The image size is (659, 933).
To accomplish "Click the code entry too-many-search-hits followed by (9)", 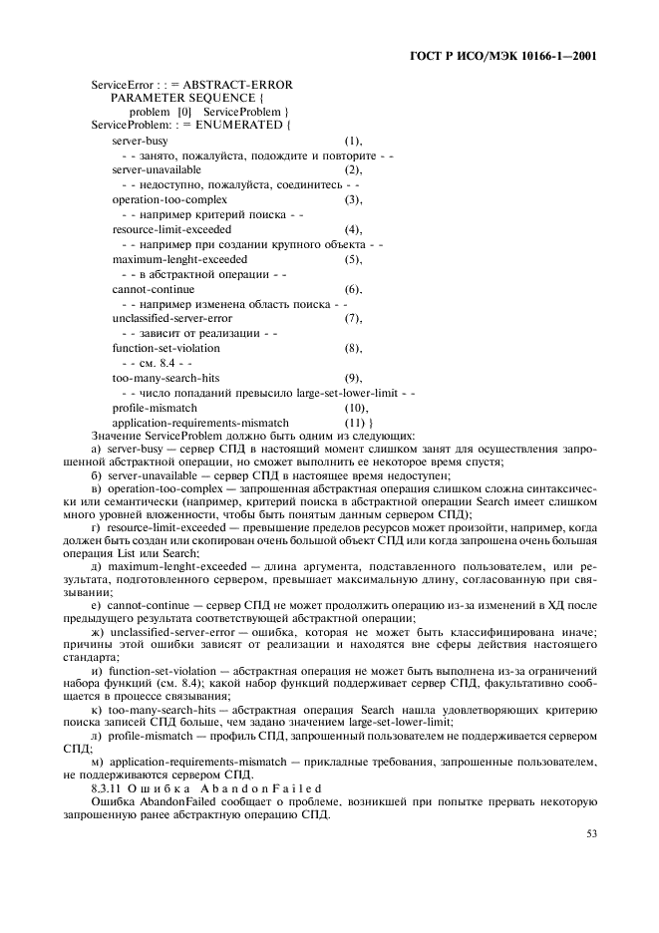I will [x=165, y=378].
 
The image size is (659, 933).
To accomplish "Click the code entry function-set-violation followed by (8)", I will [x=165, y=348].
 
